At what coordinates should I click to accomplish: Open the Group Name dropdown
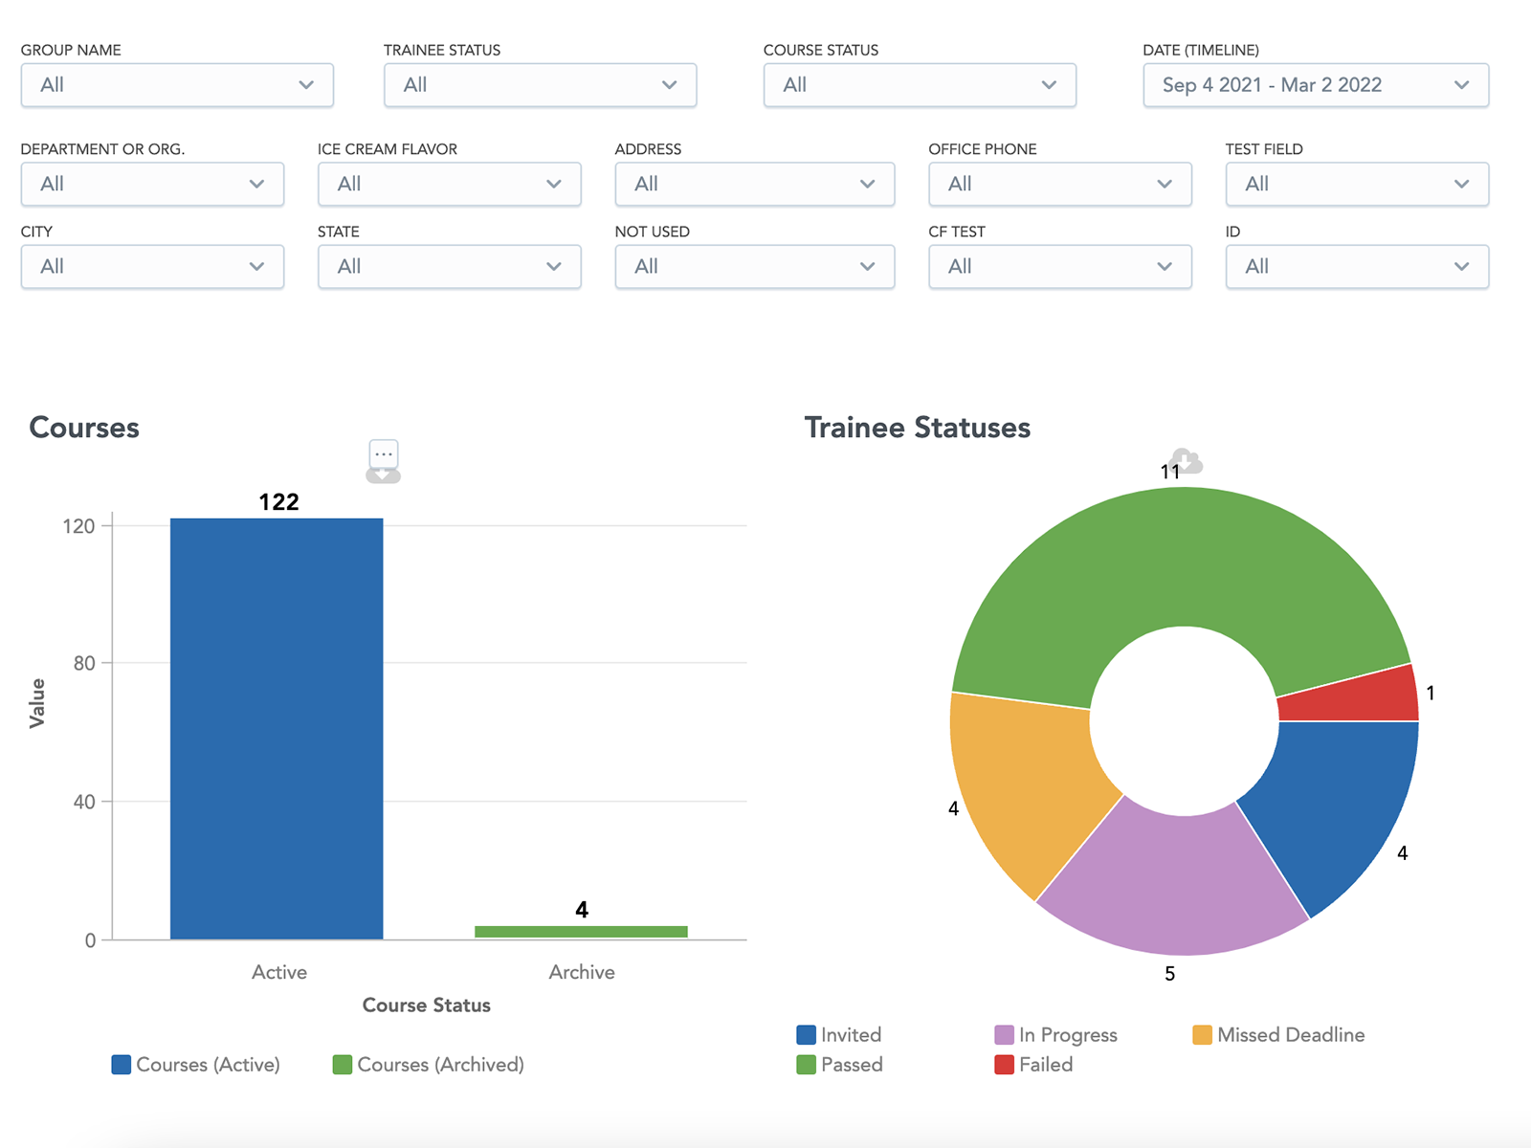pyautogui.click(x=177, y=85)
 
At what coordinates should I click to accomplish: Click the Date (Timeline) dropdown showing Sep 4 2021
pyautogui.click(x=1315, y=85)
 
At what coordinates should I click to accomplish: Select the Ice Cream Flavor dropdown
pyautogui.click(x=449, y=184)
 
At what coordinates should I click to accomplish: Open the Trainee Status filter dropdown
pyautogui.click(x=540, y=85)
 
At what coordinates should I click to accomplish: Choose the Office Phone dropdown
pyautogui.click(x=1059, y=184)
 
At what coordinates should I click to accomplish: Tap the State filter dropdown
pyautogui.click(x=449, y=266)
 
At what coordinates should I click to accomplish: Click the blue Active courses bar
pyautogui.click(x=277, y=727)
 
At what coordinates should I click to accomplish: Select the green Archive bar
pyautogui.click(x=581, y=932)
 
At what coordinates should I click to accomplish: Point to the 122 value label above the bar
pyautogui.click(x=278, y=502)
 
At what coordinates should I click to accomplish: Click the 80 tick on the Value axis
pyautogui.click(x=84, y=663)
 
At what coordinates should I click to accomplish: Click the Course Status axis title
pyautogui.click(x=426, y=1004)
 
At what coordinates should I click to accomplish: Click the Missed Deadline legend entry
pyautogui.click(x=1278, y=1035)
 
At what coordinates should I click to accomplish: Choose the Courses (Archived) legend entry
pyautogui.click(x=429, y=1065)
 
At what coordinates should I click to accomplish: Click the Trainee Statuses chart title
pyautogui.click(x=917, y=428)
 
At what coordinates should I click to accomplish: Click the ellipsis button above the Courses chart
pyautogui.click(x=384, y=453)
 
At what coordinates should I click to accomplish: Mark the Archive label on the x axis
pyautogui.click(x=581, y=972)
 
